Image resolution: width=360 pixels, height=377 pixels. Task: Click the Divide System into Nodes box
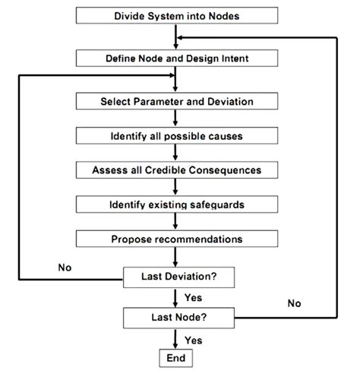176,15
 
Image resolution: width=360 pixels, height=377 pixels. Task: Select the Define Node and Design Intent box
176,58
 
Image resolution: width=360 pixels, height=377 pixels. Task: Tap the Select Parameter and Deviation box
176,101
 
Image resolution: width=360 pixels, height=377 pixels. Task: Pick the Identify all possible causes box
176,135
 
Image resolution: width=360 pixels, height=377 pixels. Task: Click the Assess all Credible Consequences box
176,170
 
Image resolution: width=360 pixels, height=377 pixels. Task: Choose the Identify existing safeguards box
176,204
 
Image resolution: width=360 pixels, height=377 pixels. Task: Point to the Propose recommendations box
176,239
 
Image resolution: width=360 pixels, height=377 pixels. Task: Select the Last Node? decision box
176,316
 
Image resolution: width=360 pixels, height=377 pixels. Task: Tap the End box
176,356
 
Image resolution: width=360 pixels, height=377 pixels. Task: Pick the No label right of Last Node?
294,303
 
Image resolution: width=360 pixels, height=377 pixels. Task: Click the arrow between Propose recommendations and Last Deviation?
176,258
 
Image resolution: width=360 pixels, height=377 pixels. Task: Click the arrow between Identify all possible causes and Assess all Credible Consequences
176,153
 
